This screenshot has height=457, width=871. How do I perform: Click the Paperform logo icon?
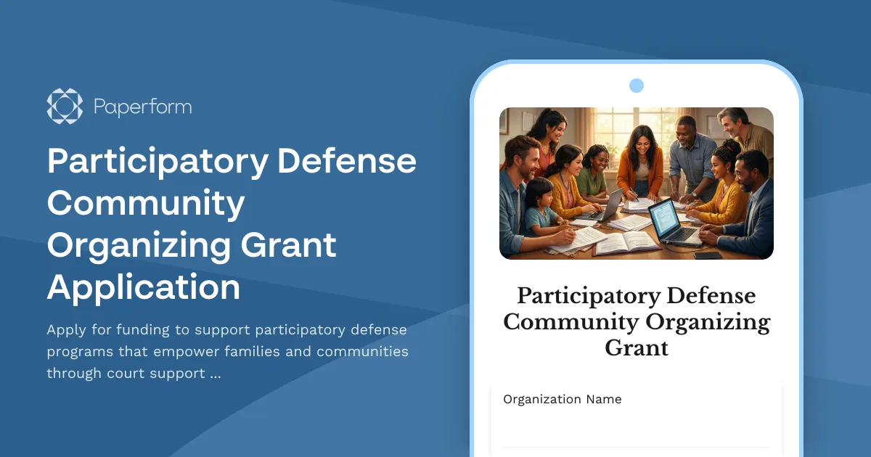[x=65, y=107]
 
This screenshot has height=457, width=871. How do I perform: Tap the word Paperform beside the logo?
[x=142, y=107]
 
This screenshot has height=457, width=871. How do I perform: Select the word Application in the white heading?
[x=144, y=287]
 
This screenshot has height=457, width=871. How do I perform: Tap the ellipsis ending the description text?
[x=215, y=374]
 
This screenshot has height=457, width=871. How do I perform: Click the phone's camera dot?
[x=637, y=86]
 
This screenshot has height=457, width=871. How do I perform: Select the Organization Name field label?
[x=563, y=399]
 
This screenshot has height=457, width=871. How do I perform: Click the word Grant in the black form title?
[x=637, y=347]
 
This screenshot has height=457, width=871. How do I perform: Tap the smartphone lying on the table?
[x=707, y=255]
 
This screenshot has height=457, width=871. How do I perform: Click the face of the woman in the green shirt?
[x=597, y=159]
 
